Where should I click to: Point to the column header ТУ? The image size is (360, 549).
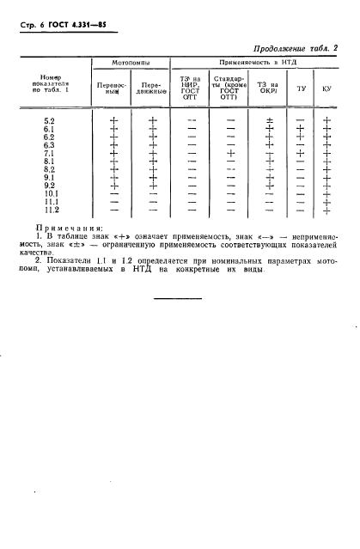(300, 89)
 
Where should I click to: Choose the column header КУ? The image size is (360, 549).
(326, 89)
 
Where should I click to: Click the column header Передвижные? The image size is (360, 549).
(152, 89)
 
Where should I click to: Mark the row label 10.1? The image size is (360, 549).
(51, 193)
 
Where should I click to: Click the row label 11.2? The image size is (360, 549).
(51, 210)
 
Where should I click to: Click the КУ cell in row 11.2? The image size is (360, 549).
(326, 210)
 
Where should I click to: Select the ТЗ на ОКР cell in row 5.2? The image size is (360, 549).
(269, 121)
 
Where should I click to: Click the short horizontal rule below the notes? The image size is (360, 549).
(178, 298)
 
